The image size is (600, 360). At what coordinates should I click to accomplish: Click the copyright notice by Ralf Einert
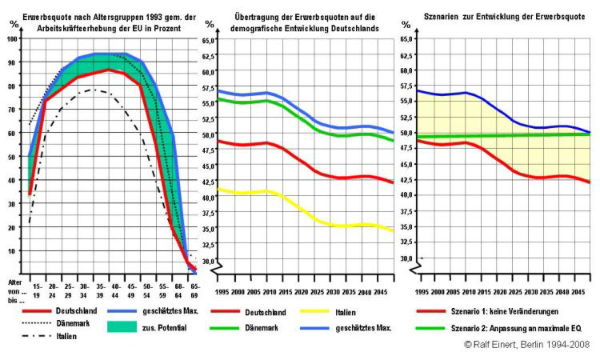[x=526, y=343]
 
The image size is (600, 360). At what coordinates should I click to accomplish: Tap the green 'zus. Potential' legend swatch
[x=121, y=326]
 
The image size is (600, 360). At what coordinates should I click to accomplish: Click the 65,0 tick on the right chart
[x=406, y=39]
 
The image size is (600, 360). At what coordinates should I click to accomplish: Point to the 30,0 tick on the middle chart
[x=210, y=261]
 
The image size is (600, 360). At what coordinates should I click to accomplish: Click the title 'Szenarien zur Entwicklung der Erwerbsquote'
[x=499, y=16]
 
